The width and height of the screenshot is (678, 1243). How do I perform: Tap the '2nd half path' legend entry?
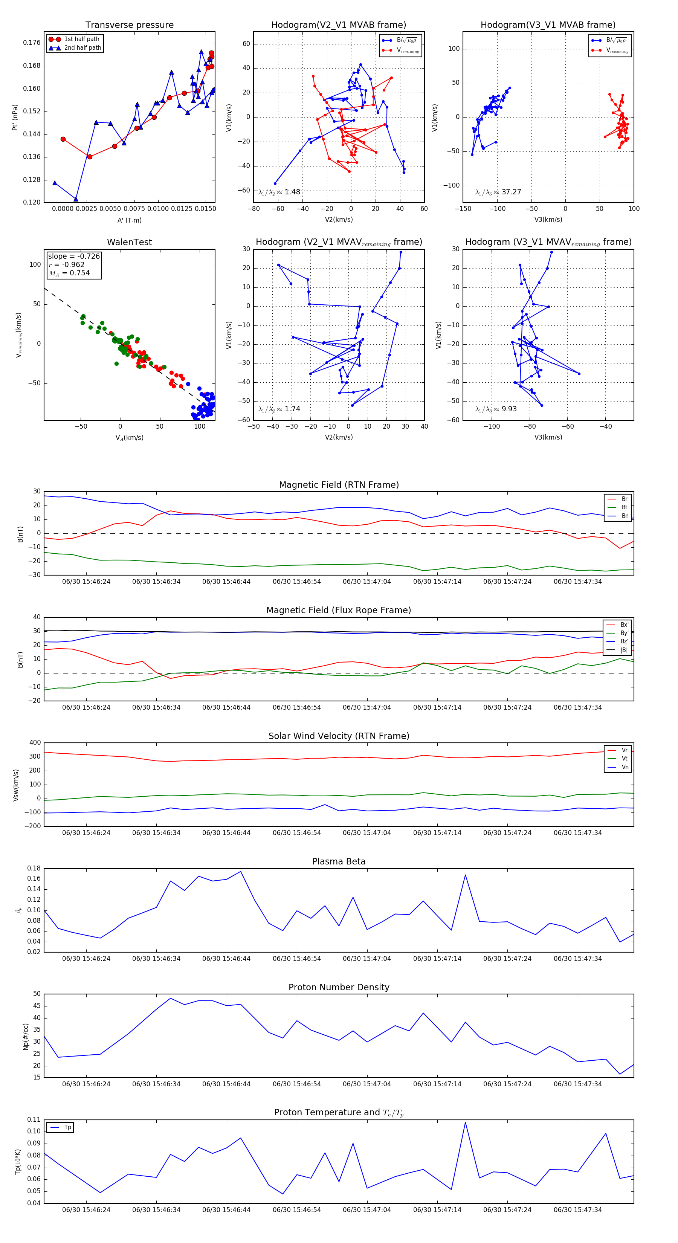click(x=82, y=48)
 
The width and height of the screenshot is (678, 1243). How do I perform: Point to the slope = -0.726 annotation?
click(x=74, y=256)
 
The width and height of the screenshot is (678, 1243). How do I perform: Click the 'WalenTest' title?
click(x=129, y=242)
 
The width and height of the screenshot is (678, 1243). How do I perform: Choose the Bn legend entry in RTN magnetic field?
click(x=625, y=516)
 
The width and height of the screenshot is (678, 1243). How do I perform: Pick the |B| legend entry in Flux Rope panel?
click(x=624, y=650)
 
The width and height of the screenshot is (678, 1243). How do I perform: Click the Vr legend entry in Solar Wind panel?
click(x=625, y=750)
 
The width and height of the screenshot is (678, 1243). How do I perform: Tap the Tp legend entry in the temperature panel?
click(x=67, y=1127)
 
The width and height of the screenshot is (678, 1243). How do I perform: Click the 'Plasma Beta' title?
click(x=339, y=861)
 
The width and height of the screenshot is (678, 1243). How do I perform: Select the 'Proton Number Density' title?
click(x=339, y=987)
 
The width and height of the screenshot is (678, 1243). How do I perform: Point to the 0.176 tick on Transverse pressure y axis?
click(x=32, y=43)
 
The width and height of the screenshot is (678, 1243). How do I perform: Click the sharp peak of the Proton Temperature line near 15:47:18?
click(x=465, y=1122)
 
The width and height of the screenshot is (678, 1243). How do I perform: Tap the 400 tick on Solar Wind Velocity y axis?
click(x=35, y=743)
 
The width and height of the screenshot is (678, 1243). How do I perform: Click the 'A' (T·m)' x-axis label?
click(x=129, y=220)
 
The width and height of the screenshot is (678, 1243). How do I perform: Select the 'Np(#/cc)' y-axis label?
click(x=26, y=1036)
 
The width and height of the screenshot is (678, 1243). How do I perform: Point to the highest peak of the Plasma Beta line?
click(x=241, y=872)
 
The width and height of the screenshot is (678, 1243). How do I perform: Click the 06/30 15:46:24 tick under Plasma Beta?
click(x=86, y=958)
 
